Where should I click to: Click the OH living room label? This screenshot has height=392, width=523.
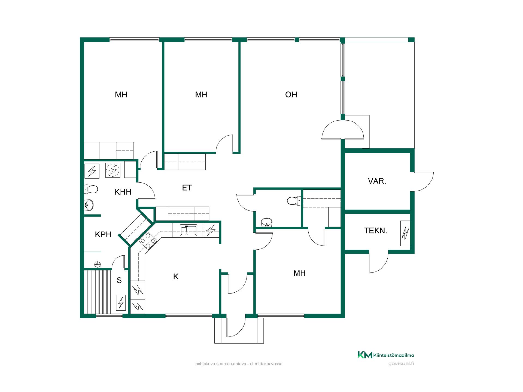pyautogui.click(x=291, y=95)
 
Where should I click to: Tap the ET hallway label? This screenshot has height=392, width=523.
pyautogui.click(x=187, y=188)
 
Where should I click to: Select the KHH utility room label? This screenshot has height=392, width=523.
pyautogui.click(x=123, y=192)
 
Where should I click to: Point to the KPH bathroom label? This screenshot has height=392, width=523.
pyautogui.click(x=103, y=234)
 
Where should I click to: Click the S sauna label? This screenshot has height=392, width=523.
pyautogui.click(x=119, y=280)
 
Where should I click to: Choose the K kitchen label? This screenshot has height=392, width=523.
pyautogui.click(x=176, y=277)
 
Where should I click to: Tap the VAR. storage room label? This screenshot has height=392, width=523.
pyautogui.click(x=377, y=181)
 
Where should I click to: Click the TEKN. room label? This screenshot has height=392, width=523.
pyautogui.click(x=376, y=231)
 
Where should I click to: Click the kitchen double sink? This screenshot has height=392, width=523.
pyautogui.click(x=188, y=230)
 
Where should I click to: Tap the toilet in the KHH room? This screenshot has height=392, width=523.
pyautogui.click(x=91, y=189)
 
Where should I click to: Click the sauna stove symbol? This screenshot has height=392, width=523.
pyautogui.click(x=121, y=303)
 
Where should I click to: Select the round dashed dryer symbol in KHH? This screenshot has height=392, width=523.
pyautogui.click(x=112, y=170)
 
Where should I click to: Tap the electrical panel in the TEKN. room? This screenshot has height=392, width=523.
pyautogui.click(x=405, y=233)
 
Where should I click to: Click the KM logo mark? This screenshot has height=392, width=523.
pyautogui.click(x=365, y=355)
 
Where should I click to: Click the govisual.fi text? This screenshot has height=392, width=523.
pyautogui.click(x=401, y=364)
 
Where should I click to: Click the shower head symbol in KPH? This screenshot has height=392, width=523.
pyautogui.click(x=98, y=264)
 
